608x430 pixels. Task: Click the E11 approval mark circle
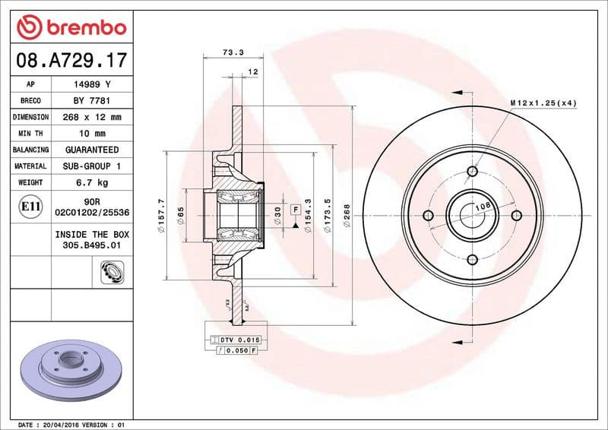tap(30, 206)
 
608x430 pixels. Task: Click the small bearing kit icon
tap(112, 270)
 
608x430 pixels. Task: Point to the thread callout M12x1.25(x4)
tap(543, 103)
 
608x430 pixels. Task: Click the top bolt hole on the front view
tap(472, 170)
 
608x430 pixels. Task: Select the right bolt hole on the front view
tap(516, 215)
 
